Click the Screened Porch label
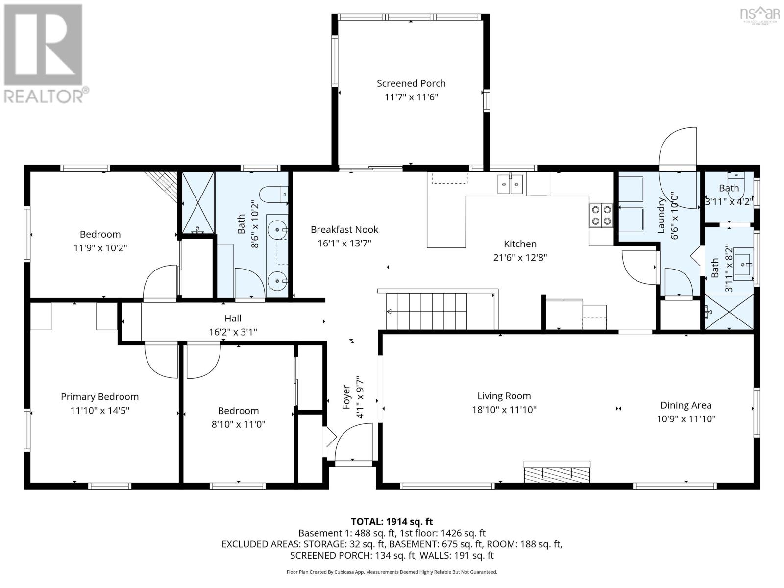pos(411,83)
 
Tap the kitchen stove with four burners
pos(601,215)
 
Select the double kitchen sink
pos(510,184)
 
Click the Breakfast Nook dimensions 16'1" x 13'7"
pos(344,243)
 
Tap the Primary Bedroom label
pos(99,397)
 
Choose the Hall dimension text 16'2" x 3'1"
pos(233,332)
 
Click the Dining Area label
pos(686,405)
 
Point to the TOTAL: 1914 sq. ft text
pos(392,522)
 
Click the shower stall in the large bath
pos(198,202)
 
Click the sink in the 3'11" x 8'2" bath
pos(745,265)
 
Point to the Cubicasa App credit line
pos(392,572)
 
